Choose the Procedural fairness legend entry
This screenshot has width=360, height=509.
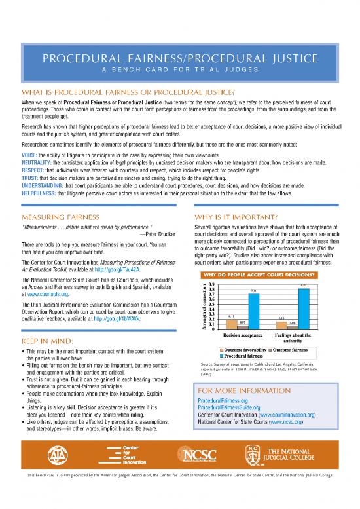236,356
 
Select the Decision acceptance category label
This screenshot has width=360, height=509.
243,335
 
